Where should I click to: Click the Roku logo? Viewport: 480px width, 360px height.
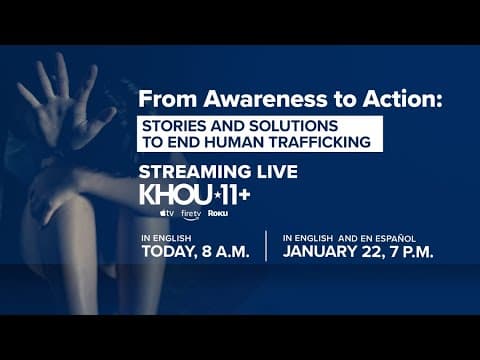(x=218, y=215)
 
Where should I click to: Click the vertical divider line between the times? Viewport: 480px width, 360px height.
(x=266, y=246)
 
